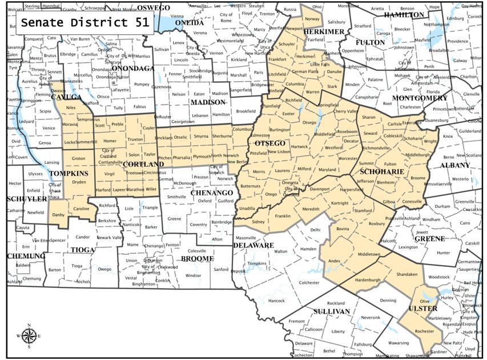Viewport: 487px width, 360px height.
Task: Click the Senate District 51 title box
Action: click(x=85, y=23)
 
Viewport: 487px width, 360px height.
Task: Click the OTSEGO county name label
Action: click(x=271, y=143)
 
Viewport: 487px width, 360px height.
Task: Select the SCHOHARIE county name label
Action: click(x=382, y=171)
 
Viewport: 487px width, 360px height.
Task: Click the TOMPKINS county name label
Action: click(x=69, y=173)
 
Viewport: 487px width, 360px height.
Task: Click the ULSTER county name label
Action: click(x=423, y=309)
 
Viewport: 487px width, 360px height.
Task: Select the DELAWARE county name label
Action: click(x=253, y=245)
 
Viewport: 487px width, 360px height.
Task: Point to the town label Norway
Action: click(x=312, y=19)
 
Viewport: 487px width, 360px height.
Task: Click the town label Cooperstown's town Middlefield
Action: click(x=324, y=134)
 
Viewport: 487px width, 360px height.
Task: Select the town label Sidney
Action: click(x=259, y=221)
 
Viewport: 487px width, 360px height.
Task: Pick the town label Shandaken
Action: click(x=408, y=274)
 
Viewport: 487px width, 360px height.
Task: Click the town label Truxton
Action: click(x=135, y=139)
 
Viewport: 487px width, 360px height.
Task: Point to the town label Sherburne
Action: click(x=222, y=137)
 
